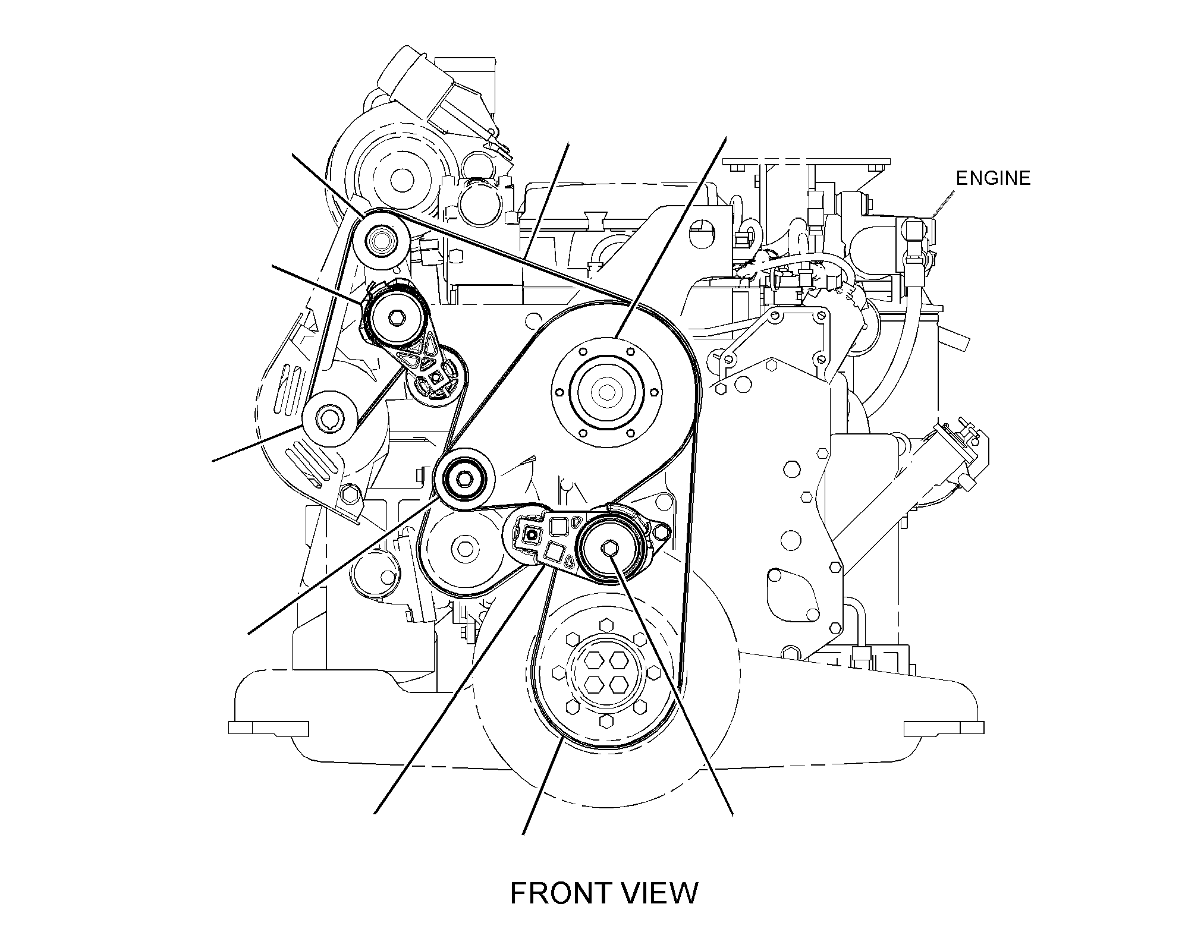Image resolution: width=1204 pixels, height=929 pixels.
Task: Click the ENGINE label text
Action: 993,178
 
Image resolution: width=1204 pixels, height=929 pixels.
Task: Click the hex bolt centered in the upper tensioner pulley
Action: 395,318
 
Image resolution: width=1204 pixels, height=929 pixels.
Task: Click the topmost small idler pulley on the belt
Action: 379,240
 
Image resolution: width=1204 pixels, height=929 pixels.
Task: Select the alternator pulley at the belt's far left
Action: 330,419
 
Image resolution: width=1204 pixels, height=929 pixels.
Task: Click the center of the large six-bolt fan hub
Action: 605,392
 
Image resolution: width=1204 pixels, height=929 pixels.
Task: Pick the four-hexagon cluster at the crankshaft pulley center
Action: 605,672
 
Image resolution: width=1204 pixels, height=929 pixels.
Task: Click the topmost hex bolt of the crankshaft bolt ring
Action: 606,625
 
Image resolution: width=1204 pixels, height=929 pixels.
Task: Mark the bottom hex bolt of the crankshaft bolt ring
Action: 606,721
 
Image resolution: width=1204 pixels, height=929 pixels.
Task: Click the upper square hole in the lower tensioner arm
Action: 559,527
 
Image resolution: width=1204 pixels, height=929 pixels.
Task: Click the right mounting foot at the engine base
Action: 944,728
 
